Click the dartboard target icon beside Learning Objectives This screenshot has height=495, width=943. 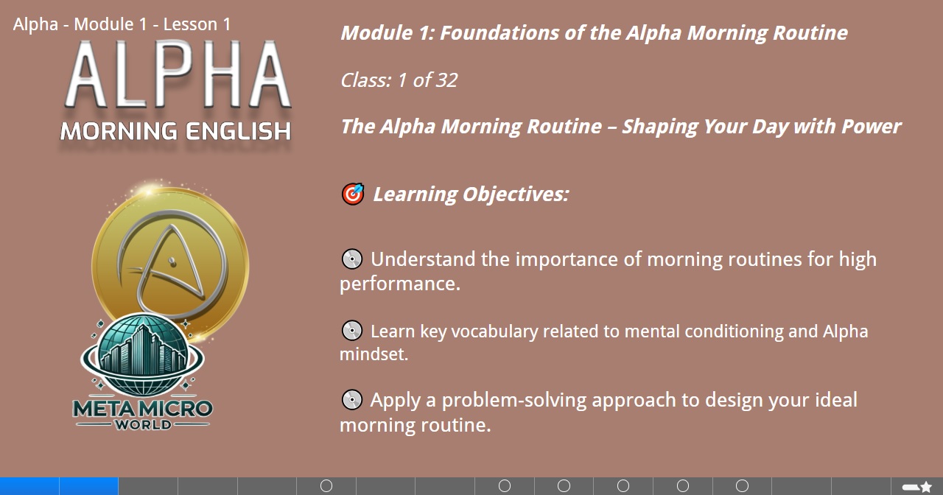(x=353, y=194)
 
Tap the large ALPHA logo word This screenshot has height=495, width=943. (x=178, y=74)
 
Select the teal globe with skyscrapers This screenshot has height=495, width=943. (x=142, y=355)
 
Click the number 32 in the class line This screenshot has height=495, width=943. (x=446, y=80)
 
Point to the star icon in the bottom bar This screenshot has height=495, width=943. (x=926, y=487)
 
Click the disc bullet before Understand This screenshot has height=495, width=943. (x=352, y=259)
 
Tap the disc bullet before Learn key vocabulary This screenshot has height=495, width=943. (x=352, y=331)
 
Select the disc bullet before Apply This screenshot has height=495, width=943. (x=352, y=399)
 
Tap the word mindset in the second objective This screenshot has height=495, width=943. (x=374, y=354)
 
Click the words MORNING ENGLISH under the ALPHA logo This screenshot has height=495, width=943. (x=175, y=131)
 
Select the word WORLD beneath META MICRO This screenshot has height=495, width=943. (x=143, y=424)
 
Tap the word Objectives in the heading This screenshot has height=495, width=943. (x=516, y=194)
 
